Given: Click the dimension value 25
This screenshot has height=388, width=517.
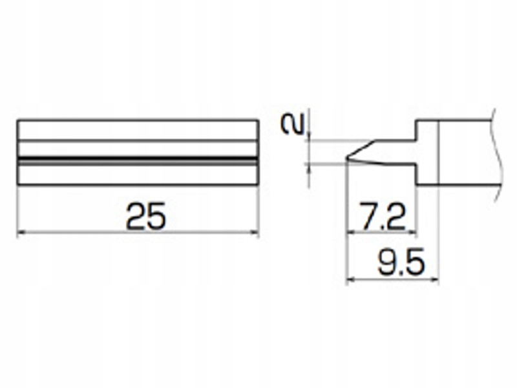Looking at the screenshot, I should pyautogui.click(x=146, y=217).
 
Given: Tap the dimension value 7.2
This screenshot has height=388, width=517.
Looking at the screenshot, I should pyautogui.click(x=382, y=219).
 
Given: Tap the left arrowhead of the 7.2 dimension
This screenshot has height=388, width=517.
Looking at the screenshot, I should pyautogui.click(x=351, y=232).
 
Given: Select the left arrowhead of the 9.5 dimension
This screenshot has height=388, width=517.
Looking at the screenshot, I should pyautogui.click(x=351, y=279).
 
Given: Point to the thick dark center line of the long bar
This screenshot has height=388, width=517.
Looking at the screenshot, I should pyautogui.click(x=138, y=158).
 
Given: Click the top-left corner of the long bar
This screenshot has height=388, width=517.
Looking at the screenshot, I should pyautogui.click(x=17, y=120).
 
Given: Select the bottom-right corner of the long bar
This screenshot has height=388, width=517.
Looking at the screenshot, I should pyautogui.click(x=258, y=186).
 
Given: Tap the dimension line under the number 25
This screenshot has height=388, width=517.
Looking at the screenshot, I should pyautogui.click(x=138, y=232).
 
